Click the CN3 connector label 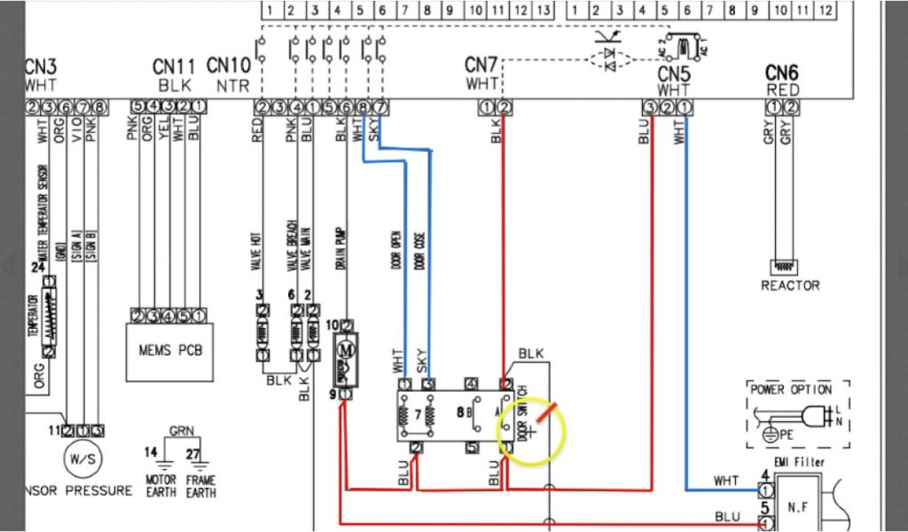coord(42,68)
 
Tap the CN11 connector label coord(173,66)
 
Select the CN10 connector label coord(229,66)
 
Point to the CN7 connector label coord(482,66)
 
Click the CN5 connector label coord(674,73)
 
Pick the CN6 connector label coord(782,73)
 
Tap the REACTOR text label coord(790,286)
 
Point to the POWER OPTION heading coord(791,389)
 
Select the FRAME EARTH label coord(201,487)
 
